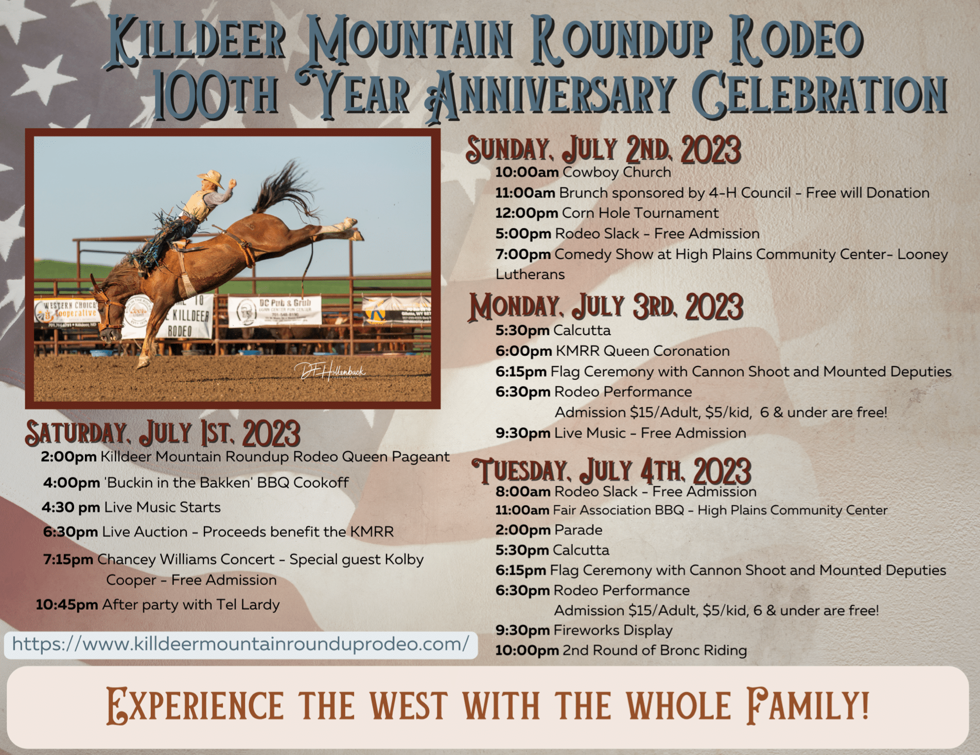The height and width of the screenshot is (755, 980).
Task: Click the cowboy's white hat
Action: click(211, 178)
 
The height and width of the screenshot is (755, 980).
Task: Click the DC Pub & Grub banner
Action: click(274, 311)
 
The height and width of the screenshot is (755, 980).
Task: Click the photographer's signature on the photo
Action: click(330, 371)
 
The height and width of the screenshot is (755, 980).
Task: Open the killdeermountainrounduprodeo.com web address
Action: click(240, 644)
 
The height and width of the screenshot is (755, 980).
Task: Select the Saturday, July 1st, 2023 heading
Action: click(162, 433)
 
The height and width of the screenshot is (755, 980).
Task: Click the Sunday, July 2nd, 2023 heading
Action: click(603, 150)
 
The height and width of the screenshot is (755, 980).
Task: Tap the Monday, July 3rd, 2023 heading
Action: click(606, 307)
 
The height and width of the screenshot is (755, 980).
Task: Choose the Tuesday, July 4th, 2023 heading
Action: click(611, 471)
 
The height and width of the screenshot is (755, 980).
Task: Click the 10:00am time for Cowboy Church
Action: click(527, 172)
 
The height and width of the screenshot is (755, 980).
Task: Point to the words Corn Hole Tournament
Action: click(640, 213)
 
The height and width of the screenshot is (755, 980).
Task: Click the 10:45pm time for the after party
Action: click(66, 604)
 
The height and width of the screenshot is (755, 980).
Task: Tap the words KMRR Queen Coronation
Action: click(642, 351)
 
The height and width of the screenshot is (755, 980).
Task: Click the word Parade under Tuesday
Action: click(578, 530)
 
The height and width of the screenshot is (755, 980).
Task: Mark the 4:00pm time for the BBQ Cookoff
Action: click(72, 483)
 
